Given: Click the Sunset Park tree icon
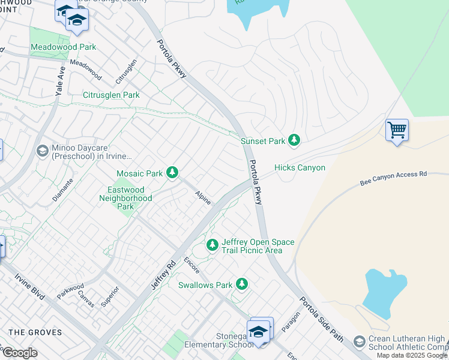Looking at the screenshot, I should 294,140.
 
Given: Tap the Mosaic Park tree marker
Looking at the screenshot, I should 172,173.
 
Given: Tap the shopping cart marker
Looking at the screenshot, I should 397,130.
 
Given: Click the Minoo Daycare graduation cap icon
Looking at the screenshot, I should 42,151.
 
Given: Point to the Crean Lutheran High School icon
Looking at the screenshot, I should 359,341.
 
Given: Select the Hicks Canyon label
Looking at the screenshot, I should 300,168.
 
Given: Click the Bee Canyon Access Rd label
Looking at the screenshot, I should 393,176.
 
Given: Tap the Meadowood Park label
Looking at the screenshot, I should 63,47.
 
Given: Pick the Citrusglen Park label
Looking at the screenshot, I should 111,95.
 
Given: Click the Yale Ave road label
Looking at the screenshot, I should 61,79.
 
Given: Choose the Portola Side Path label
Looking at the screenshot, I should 321,319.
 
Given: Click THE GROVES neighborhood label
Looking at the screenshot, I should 35,332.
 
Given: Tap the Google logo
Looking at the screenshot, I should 20,353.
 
